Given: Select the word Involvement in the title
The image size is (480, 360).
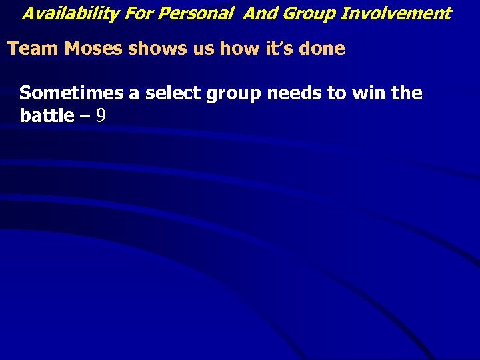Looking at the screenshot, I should coord(396,13).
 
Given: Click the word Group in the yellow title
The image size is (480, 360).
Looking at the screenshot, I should coord(303,13).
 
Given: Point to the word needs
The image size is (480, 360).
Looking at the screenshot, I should coord(294,93).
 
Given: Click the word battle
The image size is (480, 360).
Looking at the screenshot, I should coord(47,115).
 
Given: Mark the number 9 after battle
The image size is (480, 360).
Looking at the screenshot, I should coord(101,116).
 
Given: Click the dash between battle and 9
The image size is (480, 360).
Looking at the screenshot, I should coord(85,117).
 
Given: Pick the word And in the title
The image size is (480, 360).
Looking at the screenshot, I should coord(257,13).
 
